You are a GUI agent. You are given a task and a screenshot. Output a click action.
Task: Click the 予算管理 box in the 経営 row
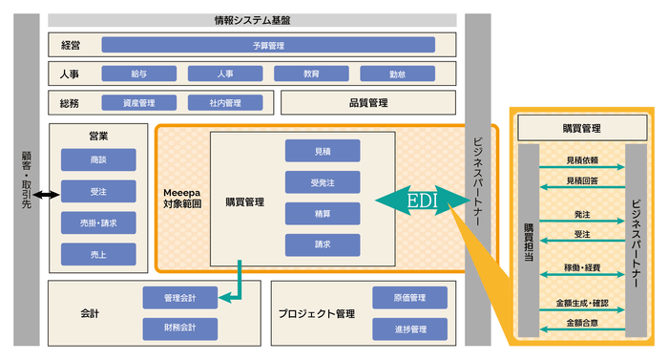[268, 44]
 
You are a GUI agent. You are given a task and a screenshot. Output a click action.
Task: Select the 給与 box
[139, 74]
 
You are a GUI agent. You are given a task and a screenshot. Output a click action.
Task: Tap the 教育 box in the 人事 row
[311, 74]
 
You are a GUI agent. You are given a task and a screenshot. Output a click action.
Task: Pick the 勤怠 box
[397, 74]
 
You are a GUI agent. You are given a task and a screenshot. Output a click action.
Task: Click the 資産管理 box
[139, 103]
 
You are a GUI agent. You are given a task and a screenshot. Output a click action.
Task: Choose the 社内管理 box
[225, 103]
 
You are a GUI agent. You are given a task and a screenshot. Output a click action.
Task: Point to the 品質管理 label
[363, 103]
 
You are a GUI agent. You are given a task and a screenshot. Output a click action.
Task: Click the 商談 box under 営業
[98, 160]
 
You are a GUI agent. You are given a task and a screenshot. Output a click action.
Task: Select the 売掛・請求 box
[98, 222]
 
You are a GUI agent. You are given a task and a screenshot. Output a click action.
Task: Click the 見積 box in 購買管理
[323, 151]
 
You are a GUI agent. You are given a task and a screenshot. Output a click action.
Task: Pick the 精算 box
[323, 213]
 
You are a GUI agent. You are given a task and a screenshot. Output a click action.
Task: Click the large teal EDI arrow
[421, 201]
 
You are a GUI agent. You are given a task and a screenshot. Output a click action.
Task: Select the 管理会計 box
[180, 299]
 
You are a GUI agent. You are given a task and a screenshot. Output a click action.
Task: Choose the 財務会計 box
[180, 328]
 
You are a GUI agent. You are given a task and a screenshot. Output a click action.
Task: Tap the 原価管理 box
[409, 299]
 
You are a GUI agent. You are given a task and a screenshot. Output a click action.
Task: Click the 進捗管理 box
[409, 328]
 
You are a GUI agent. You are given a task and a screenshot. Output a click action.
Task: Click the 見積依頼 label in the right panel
[582, 160]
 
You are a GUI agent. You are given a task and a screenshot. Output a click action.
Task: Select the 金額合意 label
[582, 323]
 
